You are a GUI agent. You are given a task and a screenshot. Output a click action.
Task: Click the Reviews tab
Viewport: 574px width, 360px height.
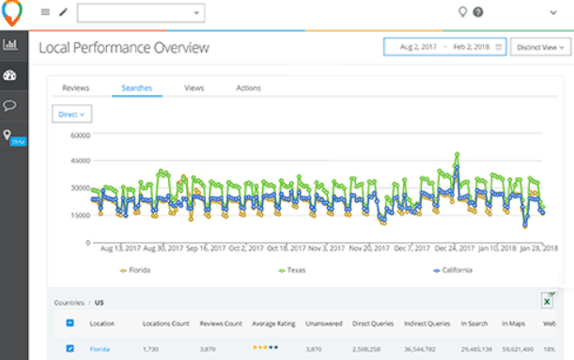pyautogui.click(x=75, y=87)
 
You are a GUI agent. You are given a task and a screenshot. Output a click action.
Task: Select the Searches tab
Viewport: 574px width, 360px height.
pyautogui.click(x=136, y=87)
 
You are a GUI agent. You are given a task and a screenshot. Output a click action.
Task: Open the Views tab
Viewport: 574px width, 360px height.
pyautogui.click(x=194, y=87)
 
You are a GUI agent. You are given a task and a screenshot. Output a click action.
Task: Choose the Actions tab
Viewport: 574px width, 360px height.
pyautogui.click(x=248, y=87)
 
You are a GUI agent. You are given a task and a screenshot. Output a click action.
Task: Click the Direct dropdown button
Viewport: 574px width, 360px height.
pyautogui.click(x=71, y=114)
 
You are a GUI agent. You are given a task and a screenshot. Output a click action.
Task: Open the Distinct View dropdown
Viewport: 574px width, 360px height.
pyautogui.click(x=540, y=47)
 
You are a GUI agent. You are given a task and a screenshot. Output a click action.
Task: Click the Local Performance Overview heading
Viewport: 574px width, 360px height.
pyautogui.click(x=124, y=47)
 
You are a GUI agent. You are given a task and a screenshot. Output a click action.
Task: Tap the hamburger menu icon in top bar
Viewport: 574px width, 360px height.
pyautogui.click(x=45, y=12)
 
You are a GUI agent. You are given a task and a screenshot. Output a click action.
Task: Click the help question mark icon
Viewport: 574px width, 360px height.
pyautogui.click(x=478, y=12)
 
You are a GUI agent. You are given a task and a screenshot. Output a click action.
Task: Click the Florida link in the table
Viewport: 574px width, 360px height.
pyautogui.click(x=100, y=349)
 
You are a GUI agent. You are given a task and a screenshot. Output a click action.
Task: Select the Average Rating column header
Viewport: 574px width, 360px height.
pyautogui.click(x=273, y=323)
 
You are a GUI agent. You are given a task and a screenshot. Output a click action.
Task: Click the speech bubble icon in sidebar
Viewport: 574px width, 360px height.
pyautogui.click(x=11, y=105)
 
